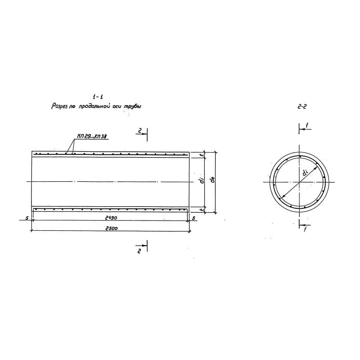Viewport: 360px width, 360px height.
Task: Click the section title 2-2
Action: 302,107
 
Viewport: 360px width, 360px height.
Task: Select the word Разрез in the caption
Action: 59,107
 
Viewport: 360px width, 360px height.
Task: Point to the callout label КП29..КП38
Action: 92,136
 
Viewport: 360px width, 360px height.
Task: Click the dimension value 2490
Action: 111,218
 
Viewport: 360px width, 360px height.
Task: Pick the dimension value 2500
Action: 111,229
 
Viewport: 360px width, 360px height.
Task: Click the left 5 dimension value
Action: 27,218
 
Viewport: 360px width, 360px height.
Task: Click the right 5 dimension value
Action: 193,218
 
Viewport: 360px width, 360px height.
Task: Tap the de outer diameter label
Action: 212,180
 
